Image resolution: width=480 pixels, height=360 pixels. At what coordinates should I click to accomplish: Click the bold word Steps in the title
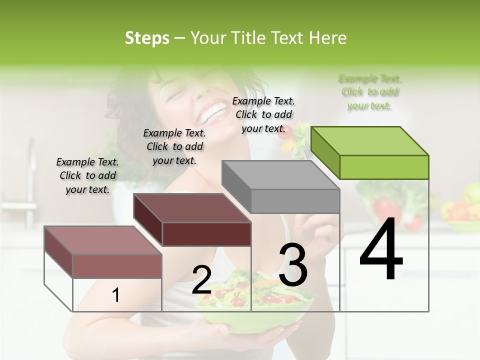tap(147, 37)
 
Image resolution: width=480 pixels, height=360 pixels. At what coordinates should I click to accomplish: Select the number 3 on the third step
tap(293, 265)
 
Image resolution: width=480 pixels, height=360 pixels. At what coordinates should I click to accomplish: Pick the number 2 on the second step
tap(201, 280)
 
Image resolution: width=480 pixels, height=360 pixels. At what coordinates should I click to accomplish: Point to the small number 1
tap(115, 295)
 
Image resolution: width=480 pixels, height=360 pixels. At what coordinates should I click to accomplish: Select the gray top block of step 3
tap(281, 187)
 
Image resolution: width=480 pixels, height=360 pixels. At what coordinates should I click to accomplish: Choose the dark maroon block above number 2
tap(192, 220)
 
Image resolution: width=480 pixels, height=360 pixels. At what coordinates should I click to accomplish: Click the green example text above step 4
tap(370, 92)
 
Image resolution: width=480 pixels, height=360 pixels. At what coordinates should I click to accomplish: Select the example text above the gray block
tap(263, 114)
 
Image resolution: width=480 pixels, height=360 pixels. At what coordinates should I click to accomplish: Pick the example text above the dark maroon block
tap(174, 146)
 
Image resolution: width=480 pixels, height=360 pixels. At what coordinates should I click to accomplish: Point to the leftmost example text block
tap(87, 175)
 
